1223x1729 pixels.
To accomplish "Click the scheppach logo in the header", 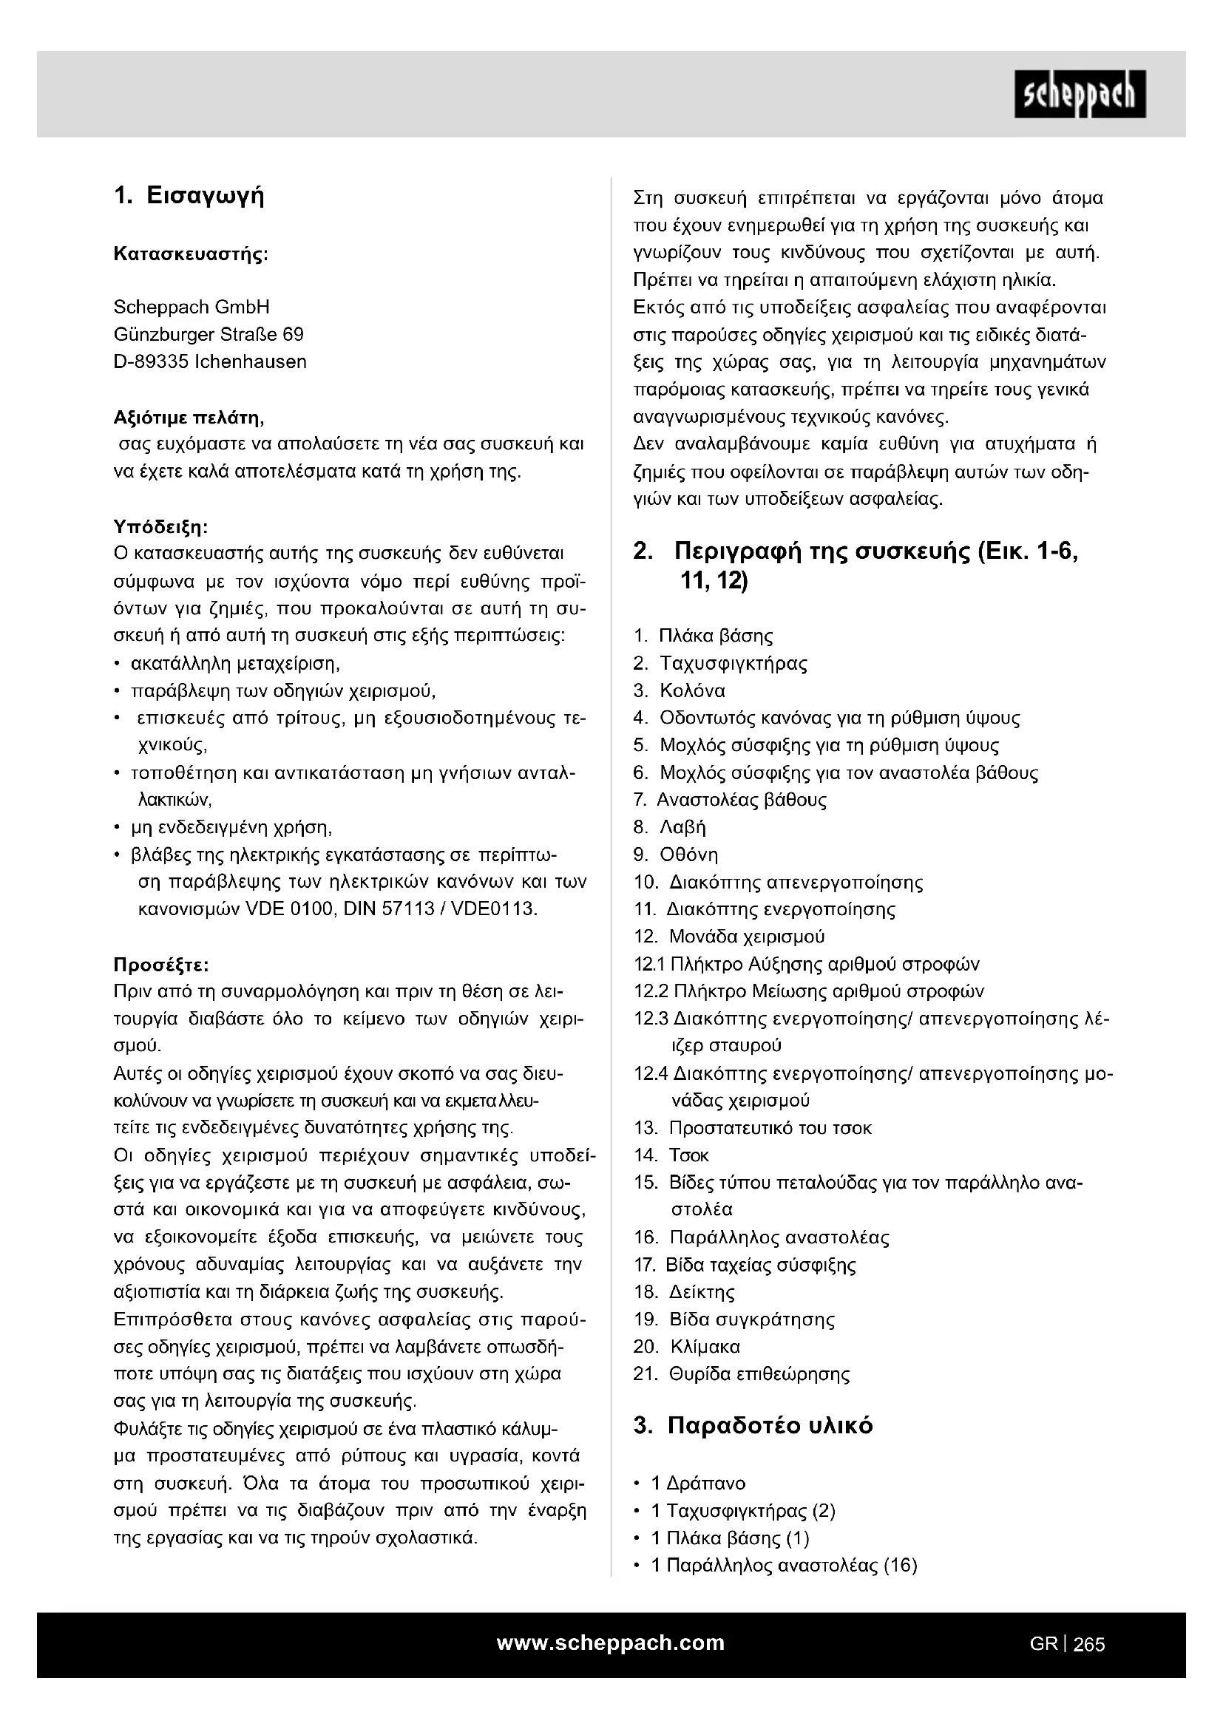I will (1079, 94).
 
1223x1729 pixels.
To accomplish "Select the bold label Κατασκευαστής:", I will (191, 254).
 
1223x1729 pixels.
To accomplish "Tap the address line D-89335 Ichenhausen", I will (210, 361).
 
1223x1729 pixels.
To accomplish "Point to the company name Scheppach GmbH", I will (192, 308).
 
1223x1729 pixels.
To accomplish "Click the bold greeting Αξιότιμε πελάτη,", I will (189, 417).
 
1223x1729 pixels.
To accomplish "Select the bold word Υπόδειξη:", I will (160, 526).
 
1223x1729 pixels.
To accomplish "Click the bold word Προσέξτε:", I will (161, 965).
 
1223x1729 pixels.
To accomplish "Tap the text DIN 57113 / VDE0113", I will (440, 909).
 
